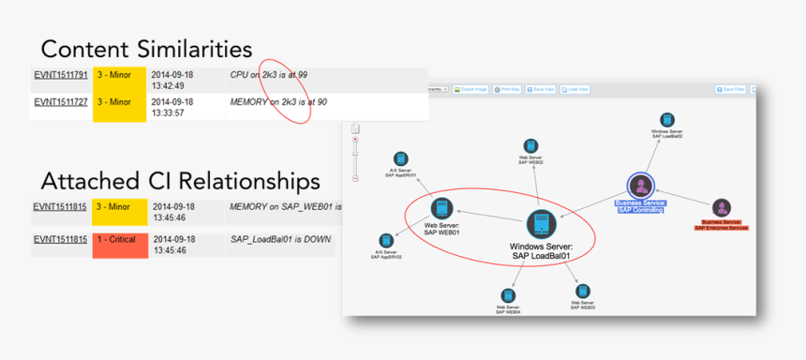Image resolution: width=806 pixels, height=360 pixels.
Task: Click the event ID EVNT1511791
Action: tap(61, 74)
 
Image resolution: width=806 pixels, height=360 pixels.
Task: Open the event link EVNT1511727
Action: tap(61, 101)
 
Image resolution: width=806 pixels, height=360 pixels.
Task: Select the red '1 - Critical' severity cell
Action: tap(121, 240)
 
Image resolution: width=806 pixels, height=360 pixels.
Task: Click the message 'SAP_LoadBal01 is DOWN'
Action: tap(280, 239)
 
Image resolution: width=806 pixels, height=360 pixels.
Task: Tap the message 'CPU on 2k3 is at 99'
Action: tap(268, 74)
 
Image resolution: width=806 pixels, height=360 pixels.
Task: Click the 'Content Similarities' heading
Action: tap(146, 49)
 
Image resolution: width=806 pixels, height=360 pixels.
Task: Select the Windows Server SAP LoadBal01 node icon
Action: tap(541, 224)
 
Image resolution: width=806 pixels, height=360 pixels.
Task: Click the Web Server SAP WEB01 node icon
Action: tap(440, 208)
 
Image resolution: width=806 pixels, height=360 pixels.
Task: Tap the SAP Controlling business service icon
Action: tap(641, 185)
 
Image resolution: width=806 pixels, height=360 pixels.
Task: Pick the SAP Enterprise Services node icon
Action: tap(721, 208)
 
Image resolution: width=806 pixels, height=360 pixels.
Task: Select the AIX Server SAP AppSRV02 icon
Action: tap(386, 241)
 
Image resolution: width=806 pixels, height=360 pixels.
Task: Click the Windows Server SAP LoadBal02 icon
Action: tap(666, 120)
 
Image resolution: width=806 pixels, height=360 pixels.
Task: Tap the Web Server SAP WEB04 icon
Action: tap(507, 294)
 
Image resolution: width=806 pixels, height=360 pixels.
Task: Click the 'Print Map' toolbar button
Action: tap(507, 89)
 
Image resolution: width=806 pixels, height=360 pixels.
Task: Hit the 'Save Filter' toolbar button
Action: tap(730, 89)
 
